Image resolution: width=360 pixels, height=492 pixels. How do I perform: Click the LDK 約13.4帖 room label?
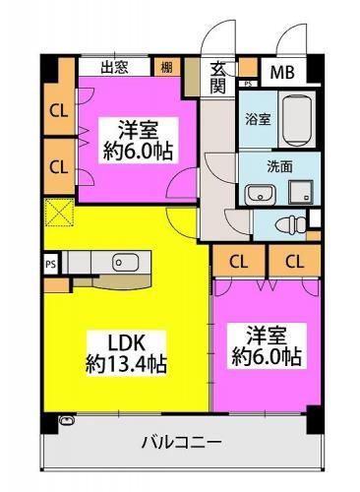pos(126,353)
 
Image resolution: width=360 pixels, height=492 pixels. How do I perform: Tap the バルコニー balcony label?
pos(181,443)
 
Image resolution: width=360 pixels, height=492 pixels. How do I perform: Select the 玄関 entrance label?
pos(217,78)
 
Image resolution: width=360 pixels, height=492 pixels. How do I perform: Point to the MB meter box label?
pos(282,72)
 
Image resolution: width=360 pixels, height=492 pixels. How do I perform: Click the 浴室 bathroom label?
pos(259,119)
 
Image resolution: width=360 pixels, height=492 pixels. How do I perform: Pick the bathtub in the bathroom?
pos(297,119)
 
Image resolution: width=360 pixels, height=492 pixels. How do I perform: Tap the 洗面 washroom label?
pos(279,167)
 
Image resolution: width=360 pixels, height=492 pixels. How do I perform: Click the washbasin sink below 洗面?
pos(261,194)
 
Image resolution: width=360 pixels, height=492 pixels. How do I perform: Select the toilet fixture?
pos(290,225)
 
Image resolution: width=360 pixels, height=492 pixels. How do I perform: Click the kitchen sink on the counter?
pos(126,263)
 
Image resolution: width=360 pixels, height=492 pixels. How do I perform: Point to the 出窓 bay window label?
pos(114,68)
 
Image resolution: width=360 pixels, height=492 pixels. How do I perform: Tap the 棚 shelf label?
pos(166,68)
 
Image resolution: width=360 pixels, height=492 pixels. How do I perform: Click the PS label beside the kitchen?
pos(51,264)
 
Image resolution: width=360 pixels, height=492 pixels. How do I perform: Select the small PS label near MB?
pos(248,84)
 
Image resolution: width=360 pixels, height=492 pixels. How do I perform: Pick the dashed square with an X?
pos(59,213)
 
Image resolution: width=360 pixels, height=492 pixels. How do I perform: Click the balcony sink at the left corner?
pos(67,420)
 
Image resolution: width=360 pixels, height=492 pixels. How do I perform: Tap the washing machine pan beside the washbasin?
pos(301,192)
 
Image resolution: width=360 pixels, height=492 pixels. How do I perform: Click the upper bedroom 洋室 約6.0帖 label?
pos(138,140)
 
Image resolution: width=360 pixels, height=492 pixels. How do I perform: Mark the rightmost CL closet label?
pos(295,262)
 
